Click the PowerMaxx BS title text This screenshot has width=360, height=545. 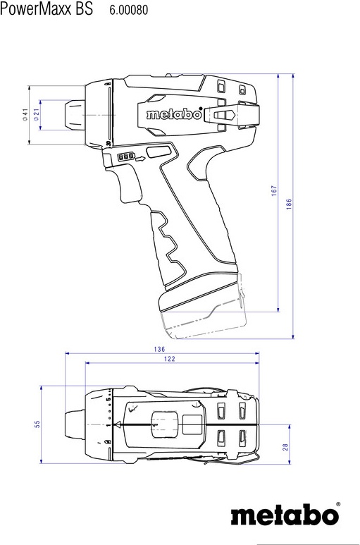pyautogui.click(x=46, y=8)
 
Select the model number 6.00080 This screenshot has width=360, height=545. pyautogui.click(x=129, y=10)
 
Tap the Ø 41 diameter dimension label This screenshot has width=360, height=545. pyautogui.click(x=25, y=114)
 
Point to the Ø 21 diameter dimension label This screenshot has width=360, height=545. pyautogui.click(x=37, y=114)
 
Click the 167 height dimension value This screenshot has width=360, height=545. pyautogui.click(x=274, y=191)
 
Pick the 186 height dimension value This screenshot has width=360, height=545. pyautogui.click(x=289, y=204)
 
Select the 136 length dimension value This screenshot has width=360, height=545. pyautogui.click(x=159, y=349)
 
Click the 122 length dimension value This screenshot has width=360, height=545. pyautogui.click(x=169, y=359)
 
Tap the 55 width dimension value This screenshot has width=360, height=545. pyautogui.click(x=37, y=424)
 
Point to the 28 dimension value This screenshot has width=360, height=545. pyautogui.click(x=285, y=447)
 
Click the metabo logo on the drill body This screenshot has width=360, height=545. pyautogui.click(x=174, y=114)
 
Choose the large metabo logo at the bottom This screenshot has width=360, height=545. pyautogui.click(x=285, y=515)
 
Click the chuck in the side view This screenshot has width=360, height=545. pyautogui.click(x=73, y=116)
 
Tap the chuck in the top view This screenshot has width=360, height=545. pyautogui.click(x=75, y=424)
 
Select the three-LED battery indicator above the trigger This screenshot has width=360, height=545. pyautogui.click(x=126, y=157)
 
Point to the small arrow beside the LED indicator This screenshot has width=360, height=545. pyautogui.click(x=140, y=159)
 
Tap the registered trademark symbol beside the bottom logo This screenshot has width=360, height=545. pyautogui.click(x=337, y=504)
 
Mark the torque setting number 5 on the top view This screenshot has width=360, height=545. pyautogui.click(x=108, y=400)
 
